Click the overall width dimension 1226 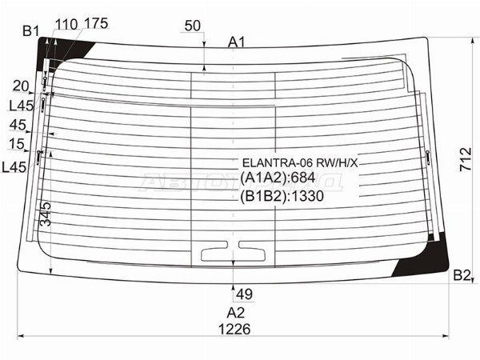tap(234, 330)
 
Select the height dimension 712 tap(466, 159)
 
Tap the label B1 tap(31, 31)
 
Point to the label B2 tap(462, 275)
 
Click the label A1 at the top tap(237, 42)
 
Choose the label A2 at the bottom tap(236, 313)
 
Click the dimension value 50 tap(193, 26)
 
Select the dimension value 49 tap(245, 294)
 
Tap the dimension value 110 tap(66, 24)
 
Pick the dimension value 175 tap(96, 23)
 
